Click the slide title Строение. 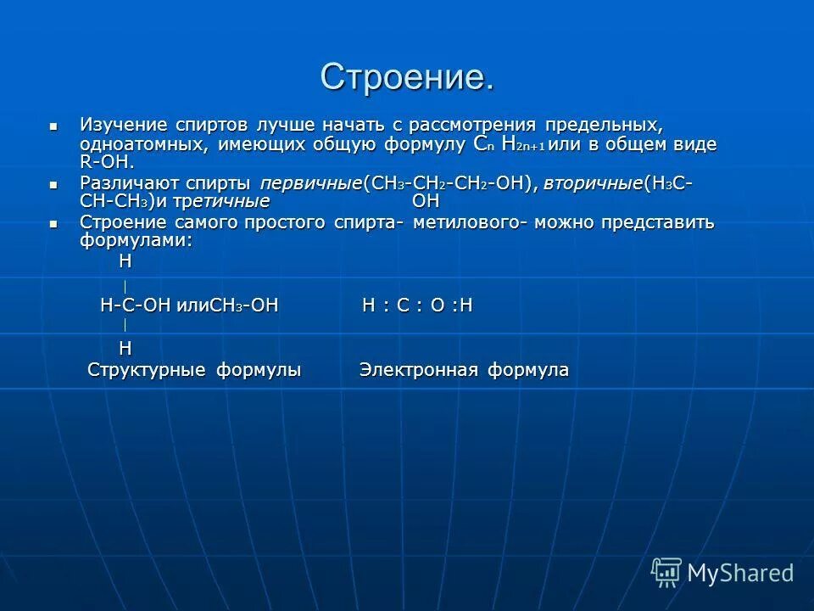[406, 78]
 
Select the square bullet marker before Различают [54, 183]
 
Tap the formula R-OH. [107, 162]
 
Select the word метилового [464, 222]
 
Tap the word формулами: [137, 241]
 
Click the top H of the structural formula [125, 262]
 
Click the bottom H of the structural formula [125, 347]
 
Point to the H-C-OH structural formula [136, 305]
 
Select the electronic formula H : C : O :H [417, 305]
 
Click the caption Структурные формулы [195, 370]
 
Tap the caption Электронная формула [464, 370]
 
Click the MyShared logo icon [666, 572]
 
